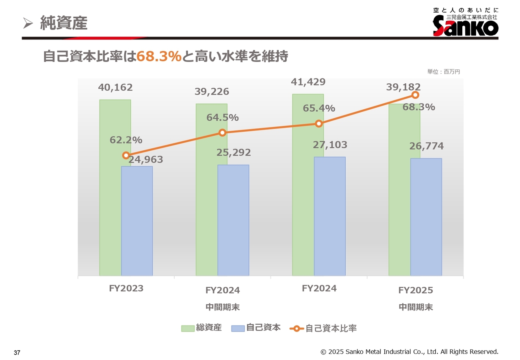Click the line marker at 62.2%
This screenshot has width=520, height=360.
click(126, 155)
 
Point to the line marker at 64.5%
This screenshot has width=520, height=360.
click(222, 132)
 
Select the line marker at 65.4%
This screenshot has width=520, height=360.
click(319, 124)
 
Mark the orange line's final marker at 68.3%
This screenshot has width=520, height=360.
click(415, 95)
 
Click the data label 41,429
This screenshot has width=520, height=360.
click(308, 82)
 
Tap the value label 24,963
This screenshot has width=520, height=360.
click(146, 160)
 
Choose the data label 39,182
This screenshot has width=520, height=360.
click(403, 87)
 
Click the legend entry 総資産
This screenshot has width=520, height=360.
click(201, 328)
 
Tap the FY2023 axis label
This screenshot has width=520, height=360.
click(126, 288)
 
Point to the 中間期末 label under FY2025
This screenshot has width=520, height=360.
click(416, 307)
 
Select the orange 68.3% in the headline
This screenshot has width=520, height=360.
click(159, 57)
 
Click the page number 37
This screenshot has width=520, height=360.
click(17, 352)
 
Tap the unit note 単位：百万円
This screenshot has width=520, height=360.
click(444, 72)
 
